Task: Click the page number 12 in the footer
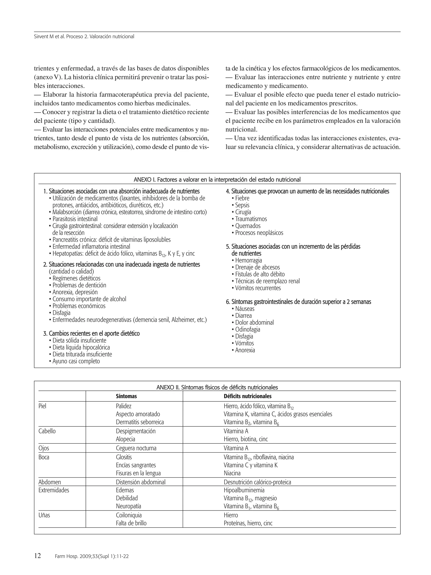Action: point(38,556)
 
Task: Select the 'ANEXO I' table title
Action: point(217,180)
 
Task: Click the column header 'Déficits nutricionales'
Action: point(247,396)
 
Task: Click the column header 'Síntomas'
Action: point(126,396)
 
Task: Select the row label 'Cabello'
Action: point(47,431)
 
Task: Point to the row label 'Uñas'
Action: point(44,515)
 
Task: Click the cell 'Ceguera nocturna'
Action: point(136,448)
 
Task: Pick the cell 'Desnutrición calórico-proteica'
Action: point(257,482)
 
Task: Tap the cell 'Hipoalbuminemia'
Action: point(244,490)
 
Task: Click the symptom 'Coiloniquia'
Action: point(129,515)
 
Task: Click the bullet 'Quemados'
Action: point(247,226)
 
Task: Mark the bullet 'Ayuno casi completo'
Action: point(76,361)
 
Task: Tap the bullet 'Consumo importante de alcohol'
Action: point(89,299)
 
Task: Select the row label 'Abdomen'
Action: point(50,482)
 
